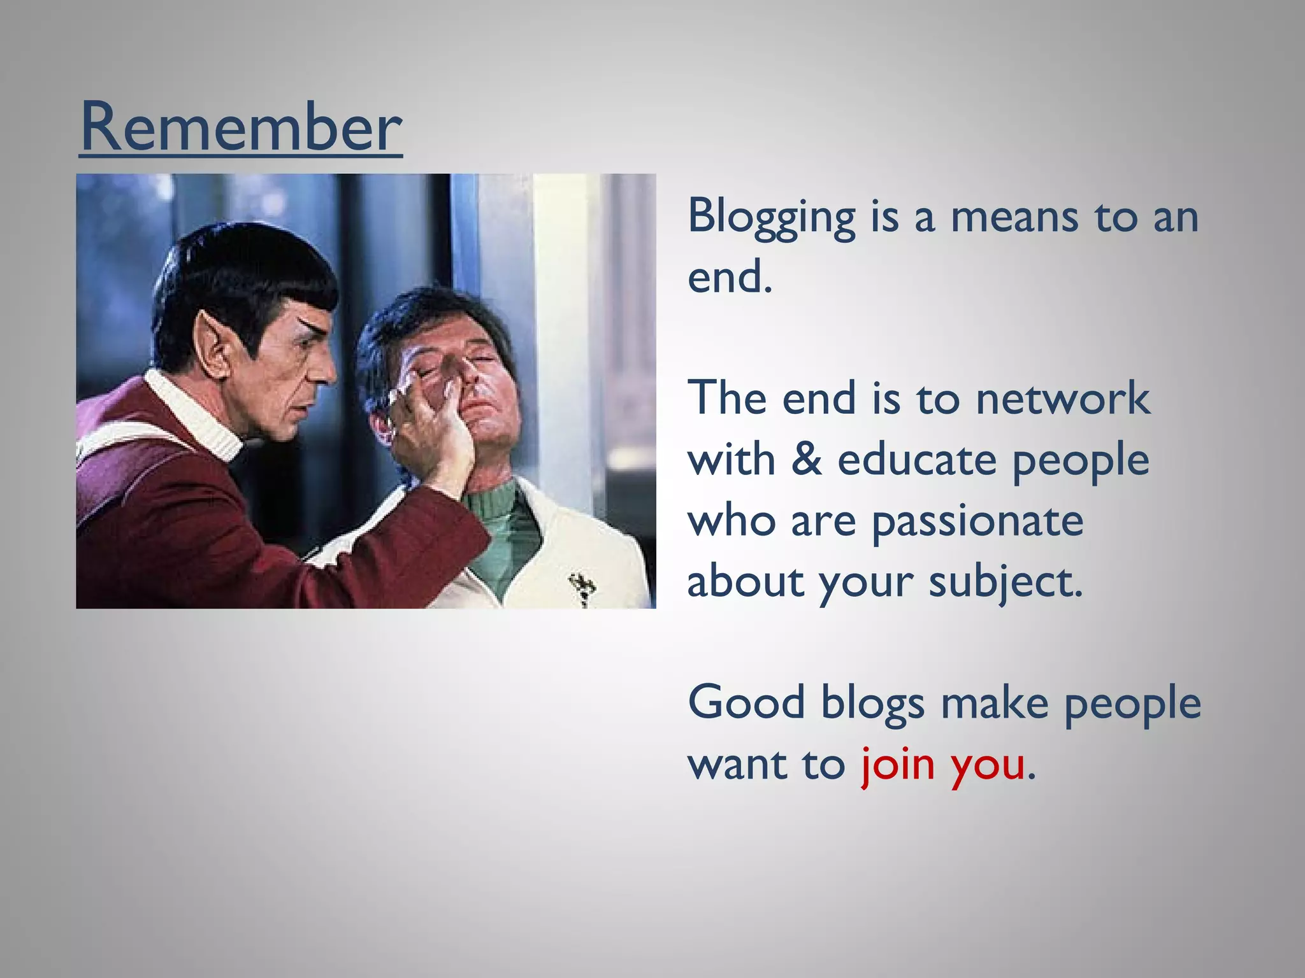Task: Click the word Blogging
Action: (771, 218)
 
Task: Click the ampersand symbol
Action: (806, 460)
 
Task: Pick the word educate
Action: (916, 460)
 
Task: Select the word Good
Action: (746, 703)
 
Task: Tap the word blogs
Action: (872, 704)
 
